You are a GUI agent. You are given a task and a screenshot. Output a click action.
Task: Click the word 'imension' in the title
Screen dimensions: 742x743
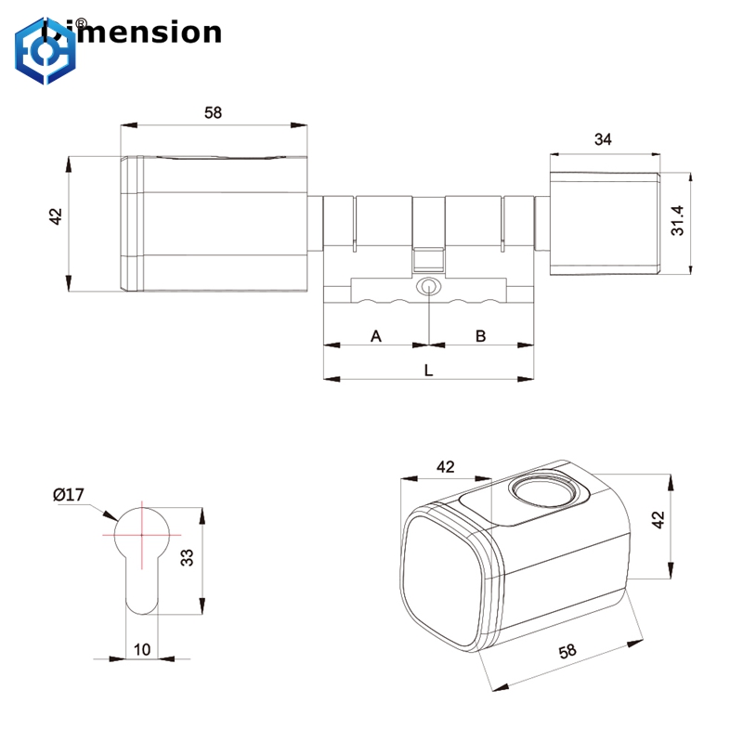pos(152,33)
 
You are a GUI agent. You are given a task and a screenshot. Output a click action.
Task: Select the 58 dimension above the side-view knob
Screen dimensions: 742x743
pos(213,112)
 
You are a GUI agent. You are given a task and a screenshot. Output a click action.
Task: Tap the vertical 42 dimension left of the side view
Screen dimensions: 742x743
pos(55,215)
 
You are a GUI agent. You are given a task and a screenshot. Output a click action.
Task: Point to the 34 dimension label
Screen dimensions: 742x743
pos(603,139)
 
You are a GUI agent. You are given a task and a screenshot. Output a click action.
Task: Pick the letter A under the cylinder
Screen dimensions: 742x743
pos(376,335)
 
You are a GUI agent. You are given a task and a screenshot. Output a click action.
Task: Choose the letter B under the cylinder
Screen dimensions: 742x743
pos(481,335)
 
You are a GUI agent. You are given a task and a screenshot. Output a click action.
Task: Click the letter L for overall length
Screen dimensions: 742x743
pos(428,370)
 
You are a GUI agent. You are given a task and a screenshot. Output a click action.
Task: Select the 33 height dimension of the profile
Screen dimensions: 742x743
pos(186,557)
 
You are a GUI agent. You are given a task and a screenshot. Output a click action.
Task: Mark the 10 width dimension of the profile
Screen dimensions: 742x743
pos(141,649)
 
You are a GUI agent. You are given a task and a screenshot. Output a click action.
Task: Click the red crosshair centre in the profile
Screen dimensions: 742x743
pos(141,536)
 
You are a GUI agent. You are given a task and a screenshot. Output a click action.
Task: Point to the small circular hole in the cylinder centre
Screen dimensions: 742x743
pos(428,287)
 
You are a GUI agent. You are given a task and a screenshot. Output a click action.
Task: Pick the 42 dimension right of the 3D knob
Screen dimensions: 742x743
pos(658,520)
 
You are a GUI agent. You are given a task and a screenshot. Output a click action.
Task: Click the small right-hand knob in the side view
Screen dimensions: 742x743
pos(604,222)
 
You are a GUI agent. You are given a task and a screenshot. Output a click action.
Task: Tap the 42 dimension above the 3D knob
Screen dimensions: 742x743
pos(445,466)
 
